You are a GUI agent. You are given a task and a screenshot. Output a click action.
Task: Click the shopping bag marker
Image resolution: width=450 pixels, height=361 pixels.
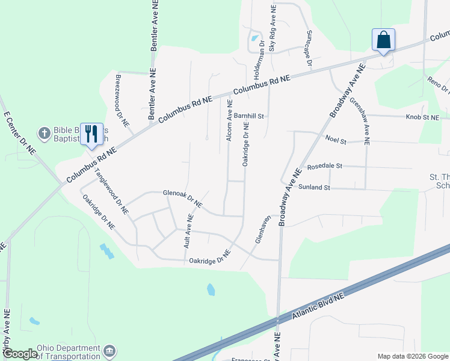(x=383, y=41)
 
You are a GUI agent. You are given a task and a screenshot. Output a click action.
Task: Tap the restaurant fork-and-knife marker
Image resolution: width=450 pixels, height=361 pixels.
(x=91, y=133)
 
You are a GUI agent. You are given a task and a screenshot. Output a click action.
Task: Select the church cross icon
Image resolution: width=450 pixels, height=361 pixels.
(x=44, y=132)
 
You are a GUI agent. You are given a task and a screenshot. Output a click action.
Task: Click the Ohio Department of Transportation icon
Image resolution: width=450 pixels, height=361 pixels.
(x=109, y=350)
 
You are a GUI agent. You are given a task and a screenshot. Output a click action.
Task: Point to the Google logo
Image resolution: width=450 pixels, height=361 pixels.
(x=20, y=354)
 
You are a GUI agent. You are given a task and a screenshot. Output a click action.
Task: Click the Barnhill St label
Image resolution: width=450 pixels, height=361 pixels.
(x=250, y=116)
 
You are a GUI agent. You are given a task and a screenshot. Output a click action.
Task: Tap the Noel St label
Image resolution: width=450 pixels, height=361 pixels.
(x=336, y=140)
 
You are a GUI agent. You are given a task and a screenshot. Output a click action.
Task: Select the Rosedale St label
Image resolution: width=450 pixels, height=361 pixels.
(x=324, y=165)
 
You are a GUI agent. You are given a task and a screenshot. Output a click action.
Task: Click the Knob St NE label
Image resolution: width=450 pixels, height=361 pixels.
(x=422, y=117)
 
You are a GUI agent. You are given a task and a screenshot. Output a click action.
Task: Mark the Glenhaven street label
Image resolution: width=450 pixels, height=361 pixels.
(x=260, y=229)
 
